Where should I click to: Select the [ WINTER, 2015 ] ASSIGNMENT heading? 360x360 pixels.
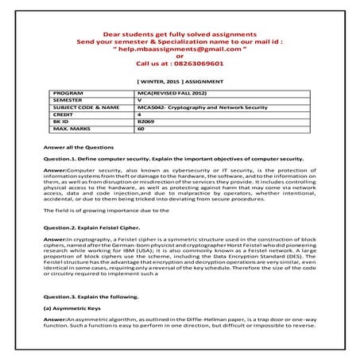(180, 81)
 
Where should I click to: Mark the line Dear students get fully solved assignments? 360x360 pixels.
(180, 29)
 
